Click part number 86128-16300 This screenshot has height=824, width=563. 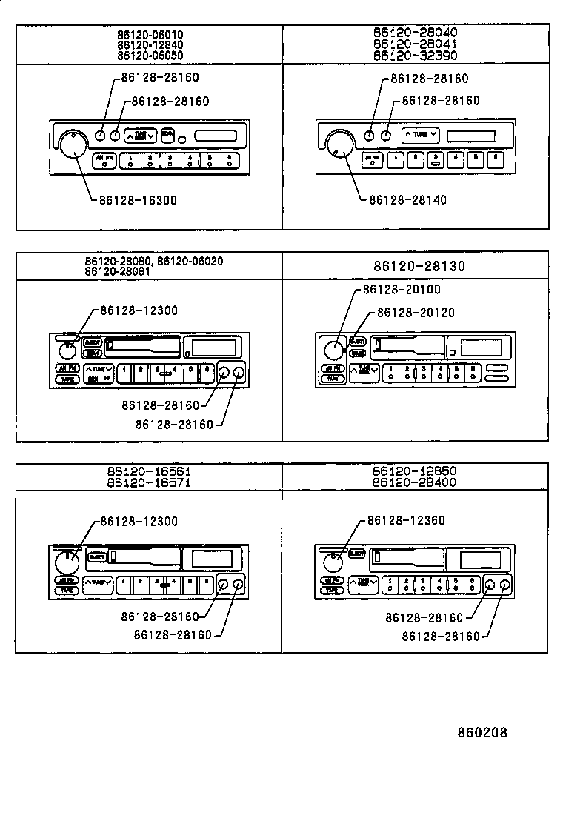(139, 200)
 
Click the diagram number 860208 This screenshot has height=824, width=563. (482, 733)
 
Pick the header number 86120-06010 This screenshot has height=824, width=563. (150, 35)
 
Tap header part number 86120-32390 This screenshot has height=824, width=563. (415, 55)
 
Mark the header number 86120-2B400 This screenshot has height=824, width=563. (415, 482)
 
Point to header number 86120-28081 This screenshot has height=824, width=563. (120, 271)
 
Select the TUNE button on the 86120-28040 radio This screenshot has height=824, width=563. (420, 135)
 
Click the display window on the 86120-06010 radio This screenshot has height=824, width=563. (216, 136)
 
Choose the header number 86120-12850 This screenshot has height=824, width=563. (415, 471)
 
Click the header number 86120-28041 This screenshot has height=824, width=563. (415, 44)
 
